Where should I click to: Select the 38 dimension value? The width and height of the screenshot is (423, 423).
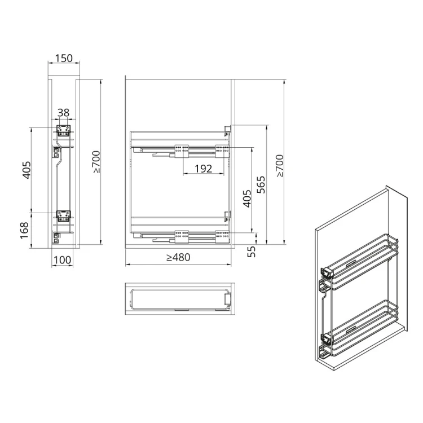[x=63, y=113]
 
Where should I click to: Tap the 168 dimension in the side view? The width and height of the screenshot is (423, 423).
[x=24, y=230]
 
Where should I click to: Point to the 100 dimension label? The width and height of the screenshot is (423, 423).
[x=63, y=259]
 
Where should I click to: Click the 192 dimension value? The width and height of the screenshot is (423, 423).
[x=203, y=169]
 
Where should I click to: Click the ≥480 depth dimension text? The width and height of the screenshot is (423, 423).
[x=178, y=258]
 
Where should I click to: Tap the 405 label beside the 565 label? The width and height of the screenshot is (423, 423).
[x=246, y=199]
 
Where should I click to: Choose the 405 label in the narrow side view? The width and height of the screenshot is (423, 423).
[x=25, y=170]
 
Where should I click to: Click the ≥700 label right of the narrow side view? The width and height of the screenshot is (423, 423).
[x=96, y=162]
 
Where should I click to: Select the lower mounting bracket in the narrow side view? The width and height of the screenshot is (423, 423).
[x=63, y=215]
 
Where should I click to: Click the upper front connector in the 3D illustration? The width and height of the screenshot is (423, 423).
[x=325, y=273]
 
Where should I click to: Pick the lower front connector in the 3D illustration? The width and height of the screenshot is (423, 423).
[x=325, y=338]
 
